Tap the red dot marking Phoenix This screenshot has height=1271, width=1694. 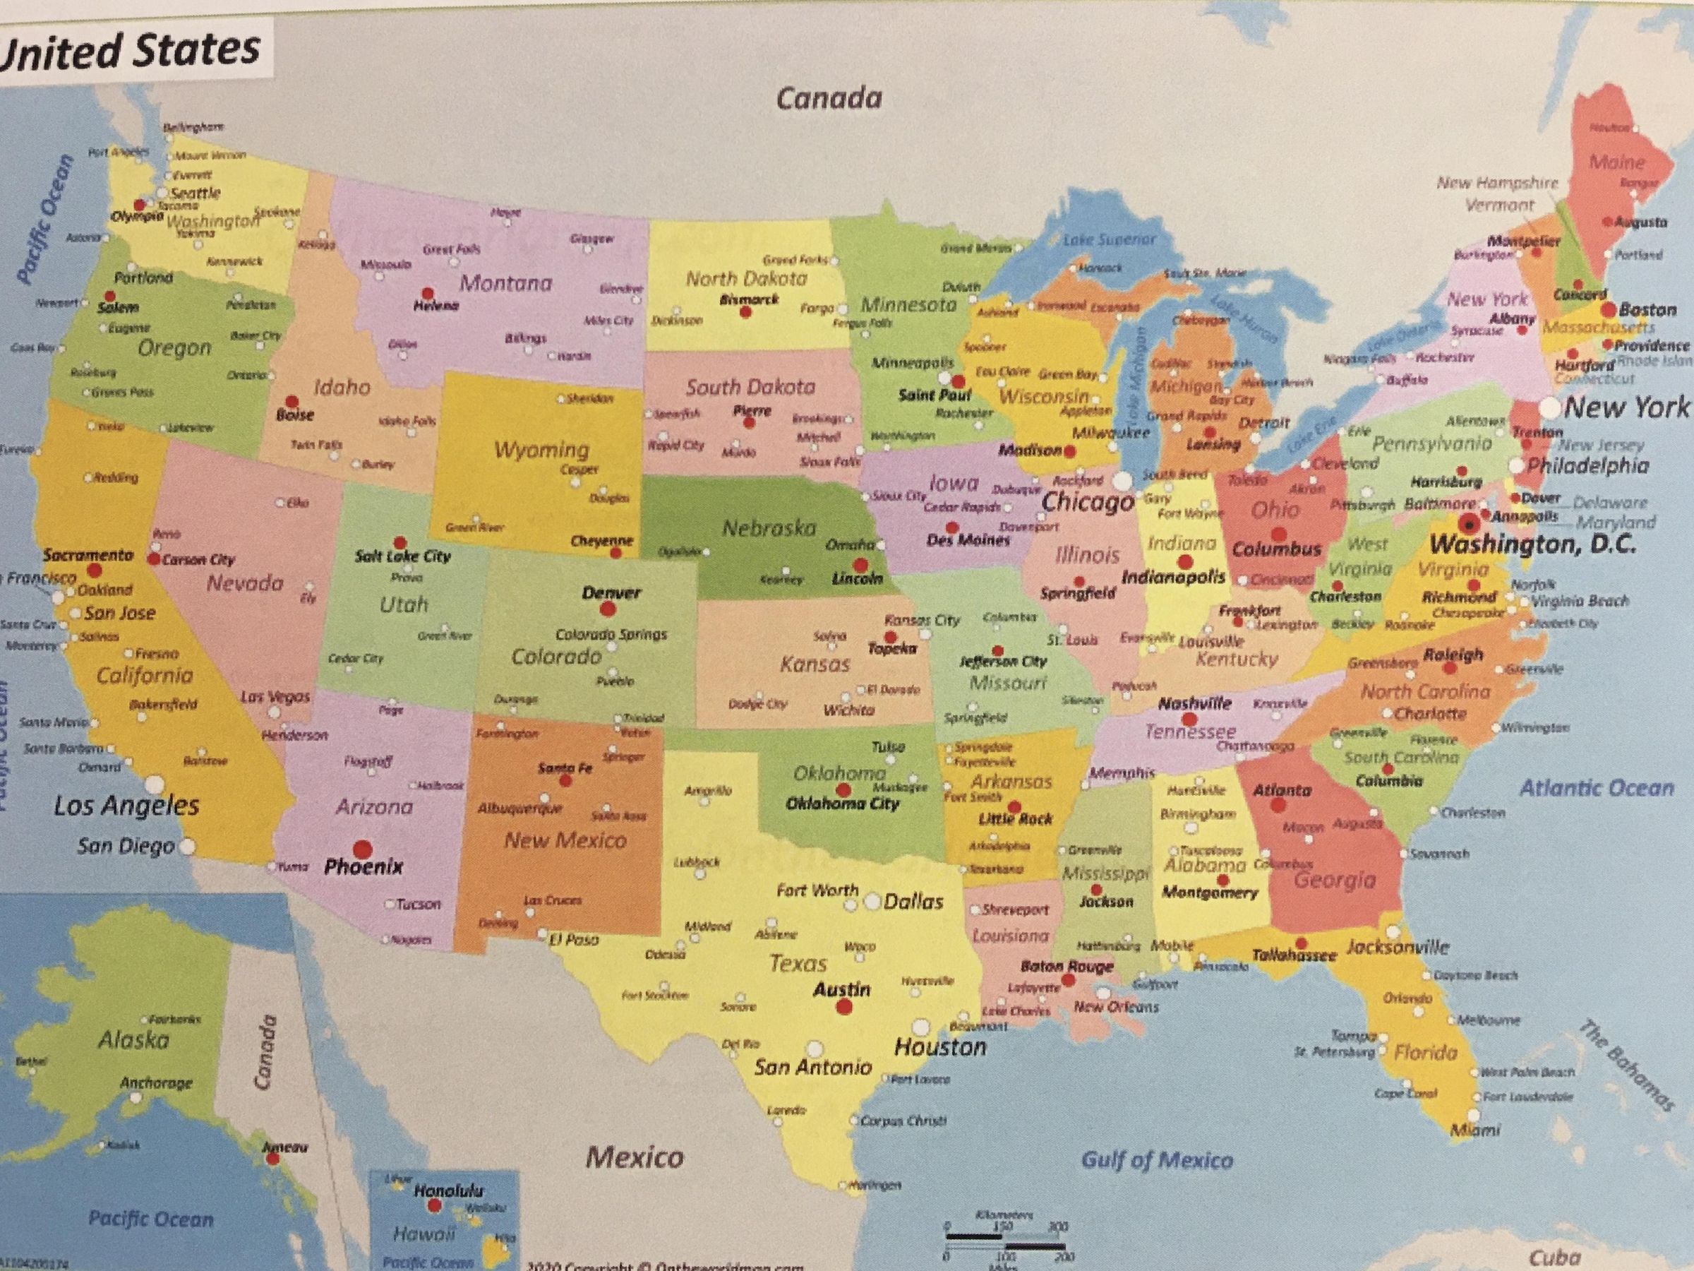pyautogui.click(x=361, y=849)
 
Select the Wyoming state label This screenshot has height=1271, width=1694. pyautogui.click(x=541, y=449)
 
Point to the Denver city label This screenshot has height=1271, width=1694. pyautogui.click(x=611, y=592)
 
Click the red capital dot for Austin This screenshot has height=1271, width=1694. pyautogui.click(x=844, y=1008)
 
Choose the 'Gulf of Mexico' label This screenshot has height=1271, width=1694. pyautogui.click(x=1156, y=1160)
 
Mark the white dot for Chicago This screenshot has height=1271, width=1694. pyautogui.click(x=1122, y=481)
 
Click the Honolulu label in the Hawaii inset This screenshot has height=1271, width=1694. pyautogui.click(x=449, y=1191)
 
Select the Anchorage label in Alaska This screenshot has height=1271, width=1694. pyautogui.click(x=155, y=1082)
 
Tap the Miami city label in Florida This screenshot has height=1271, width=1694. pyautogui.click(x=1475, y=1130)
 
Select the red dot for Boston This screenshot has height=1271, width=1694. pyautogui.click(x=1607, y=309)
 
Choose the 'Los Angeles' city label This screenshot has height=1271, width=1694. pyautogui.click(x=126, y=805)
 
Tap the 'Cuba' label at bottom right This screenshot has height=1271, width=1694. pyautogui.click(x=1556, y=1257)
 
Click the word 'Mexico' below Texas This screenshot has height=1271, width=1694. pyautogui.click(x=634, y=1157)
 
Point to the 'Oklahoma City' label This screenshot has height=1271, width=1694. pyautogui.click(x=841, y=804)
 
